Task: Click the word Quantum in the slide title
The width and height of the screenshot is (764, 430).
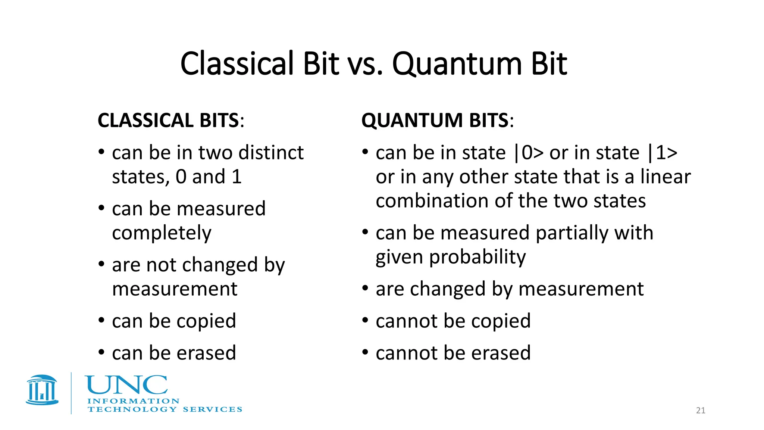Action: tap(457, 64)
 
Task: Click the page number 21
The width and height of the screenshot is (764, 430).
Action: tap(701, 411)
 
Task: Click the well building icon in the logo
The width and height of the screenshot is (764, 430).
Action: tap(42, 390)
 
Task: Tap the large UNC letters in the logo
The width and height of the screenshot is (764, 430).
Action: tap(126, 385)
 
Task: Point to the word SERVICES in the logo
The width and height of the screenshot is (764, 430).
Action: tap(212, 409)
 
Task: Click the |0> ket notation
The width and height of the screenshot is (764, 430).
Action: tap(529, 153)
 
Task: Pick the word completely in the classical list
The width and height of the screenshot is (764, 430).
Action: tap(162, 233)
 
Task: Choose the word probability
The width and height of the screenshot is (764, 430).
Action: tap(477, 258)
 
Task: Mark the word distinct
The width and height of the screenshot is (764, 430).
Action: tap(271, 153)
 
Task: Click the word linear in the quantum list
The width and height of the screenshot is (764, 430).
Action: tap(666, 177)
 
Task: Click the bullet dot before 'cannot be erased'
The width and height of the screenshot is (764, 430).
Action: tap(366, 352)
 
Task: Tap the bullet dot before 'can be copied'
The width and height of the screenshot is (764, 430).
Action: tap(101, 320)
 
